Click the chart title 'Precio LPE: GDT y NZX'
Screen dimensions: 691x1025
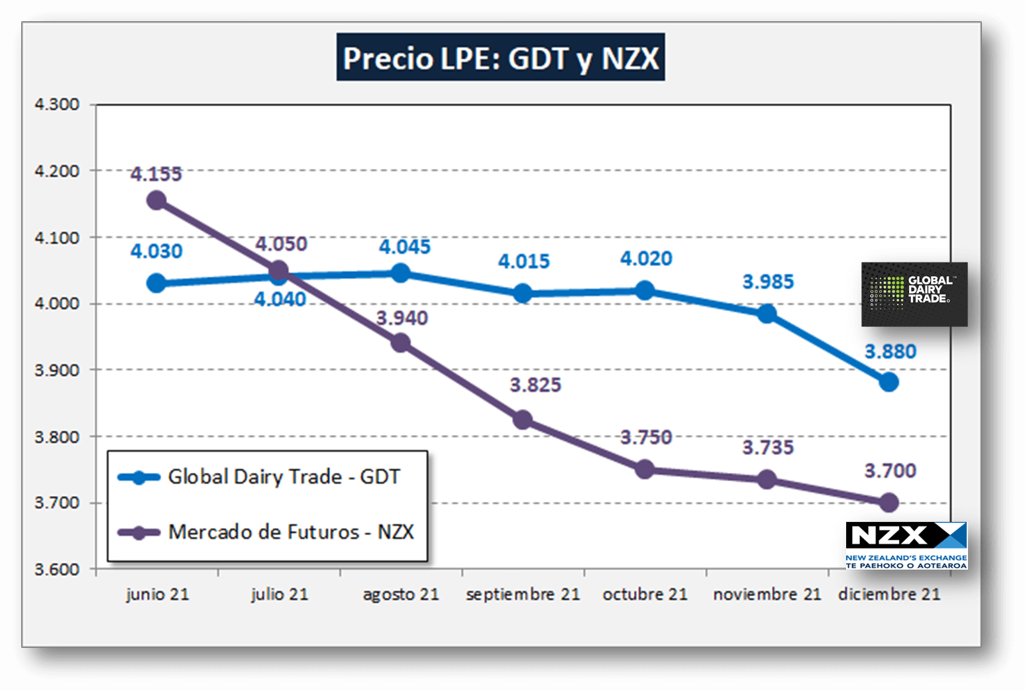point(500,58)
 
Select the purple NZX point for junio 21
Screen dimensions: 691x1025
point(156,200)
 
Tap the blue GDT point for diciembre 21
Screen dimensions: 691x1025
point(889,382)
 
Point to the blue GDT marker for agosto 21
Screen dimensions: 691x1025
point(400,273)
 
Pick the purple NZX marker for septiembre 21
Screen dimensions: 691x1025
point(523,420)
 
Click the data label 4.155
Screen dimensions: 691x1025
point(156,174)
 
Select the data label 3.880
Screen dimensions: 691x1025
point(890,351)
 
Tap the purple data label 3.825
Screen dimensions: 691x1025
point(535,385)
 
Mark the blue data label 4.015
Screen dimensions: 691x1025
point(523,261)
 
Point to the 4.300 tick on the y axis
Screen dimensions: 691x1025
point(57,104)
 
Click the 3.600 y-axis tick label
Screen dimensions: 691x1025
point(57,569)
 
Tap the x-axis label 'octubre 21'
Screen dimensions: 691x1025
point(645,594)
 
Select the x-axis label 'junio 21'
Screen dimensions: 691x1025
point(157,594)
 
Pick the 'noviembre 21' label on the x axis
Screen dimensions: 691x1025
point(767,594)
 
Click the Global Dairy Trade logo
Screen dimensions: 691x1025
point(914,294)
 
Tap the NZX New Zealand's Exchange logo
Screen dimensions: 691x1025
point(906,545)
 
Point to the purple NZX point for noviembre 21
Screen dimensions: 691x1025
point(767,479)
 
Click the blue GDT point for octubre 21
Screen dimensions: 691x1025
point(645,290)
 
